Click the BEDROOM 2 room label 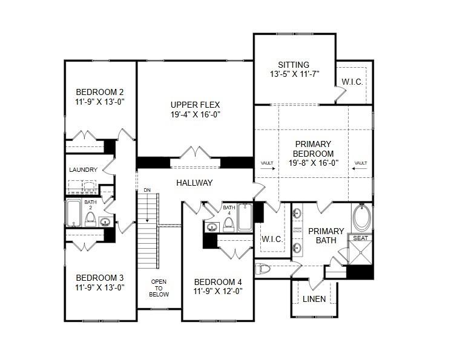click(100, 92)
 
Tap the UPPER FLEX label click(194, 103)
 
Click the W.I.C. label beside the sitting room click(352, 82)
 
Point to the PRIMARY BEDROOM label click(313, 148)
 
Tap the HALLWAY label click(194, 183)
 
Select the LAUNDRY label click(84, 170)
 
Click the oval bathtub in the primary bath click(363, 218)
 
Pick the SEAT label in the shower click(361, 238)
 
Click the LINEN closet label click(314, 299)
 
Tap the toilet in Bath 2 click(90, 218)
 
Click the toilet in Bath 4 click(229, 224)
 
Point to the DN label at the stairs click(146, 191)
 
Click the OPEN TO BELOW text click(159, 288)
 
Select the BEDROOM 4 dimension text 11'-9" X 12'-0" click(219, 291)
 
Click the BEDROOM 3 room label click(100, 278)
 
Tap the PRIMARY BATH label click(326, 235)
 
